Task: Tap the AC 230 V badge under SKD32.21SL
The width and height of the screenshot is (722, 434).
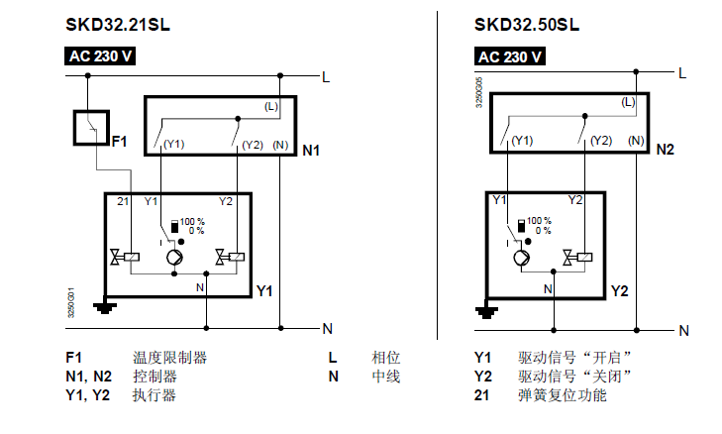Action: pyautogui.click(x=101, y=55)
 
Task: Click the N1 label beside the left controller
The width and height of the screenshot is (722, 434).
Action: pyautogui.click(x=311, y=151)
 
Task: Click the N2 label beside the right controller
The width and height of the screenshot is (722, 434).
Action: pyautogui.click(x=665, y=150)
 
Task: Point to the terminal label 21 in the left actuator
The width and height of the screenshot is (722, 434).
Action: pyautogui.click(x=123, y=201)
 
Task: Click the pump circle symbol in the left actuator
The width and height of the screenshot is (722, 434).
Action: pyautogui.click(x=173, y=259)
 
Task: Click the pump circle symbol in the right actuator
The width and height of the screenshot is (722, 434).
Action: pyautogui.click(x=521, y=258)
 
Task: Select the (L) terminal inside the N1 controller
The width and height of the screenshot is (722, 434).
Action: pyautogui.click(x=271, y=106)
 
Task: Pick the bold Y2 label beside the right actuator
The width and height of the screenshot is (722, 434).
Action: pyautogui.click(x=620, y=291)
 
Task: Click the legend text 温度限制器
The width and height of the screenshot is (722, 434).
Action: pyautogui.click(x=169, y=358)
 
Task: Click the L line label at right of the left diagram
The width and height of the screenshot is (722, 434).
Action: pyautogui.click(x=326, y=74)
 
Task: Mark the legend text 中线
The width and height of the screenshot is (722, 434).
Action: pyautogui.click(x=385, y=377)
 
